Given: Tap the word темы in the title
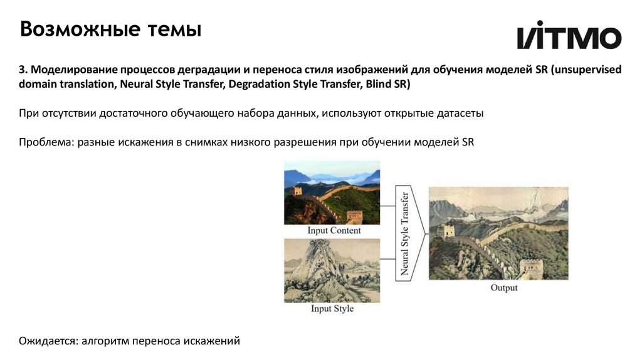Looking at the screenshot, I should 174,29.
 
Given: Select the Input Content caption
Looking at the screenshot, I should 334,230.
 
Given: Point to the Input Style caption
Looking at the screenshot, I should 332,309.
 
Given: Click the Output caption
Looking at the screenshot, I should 504,288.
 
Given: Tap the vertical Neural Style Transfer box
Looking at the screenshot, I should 405,235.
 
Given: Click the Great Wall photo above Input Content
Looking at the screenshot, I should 332,196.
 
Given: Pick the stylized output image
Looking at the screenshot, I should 498,233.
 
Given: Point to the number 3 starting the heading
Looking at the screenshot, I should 21,70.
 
